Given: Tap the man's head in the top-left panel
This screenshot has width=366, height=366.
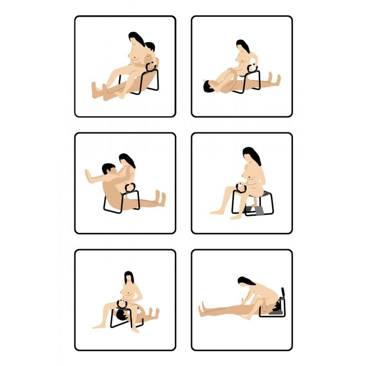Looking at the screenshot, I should point(150,46).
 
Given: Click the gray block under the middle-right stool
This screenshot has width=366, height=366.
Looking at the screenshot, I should point(260,211).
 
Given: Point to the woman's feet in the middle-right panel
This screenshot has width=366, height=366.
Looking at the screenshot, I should point(217,212).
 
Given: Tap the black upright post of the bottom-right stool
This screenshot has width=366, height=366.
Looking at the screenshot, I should point(283,292).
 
